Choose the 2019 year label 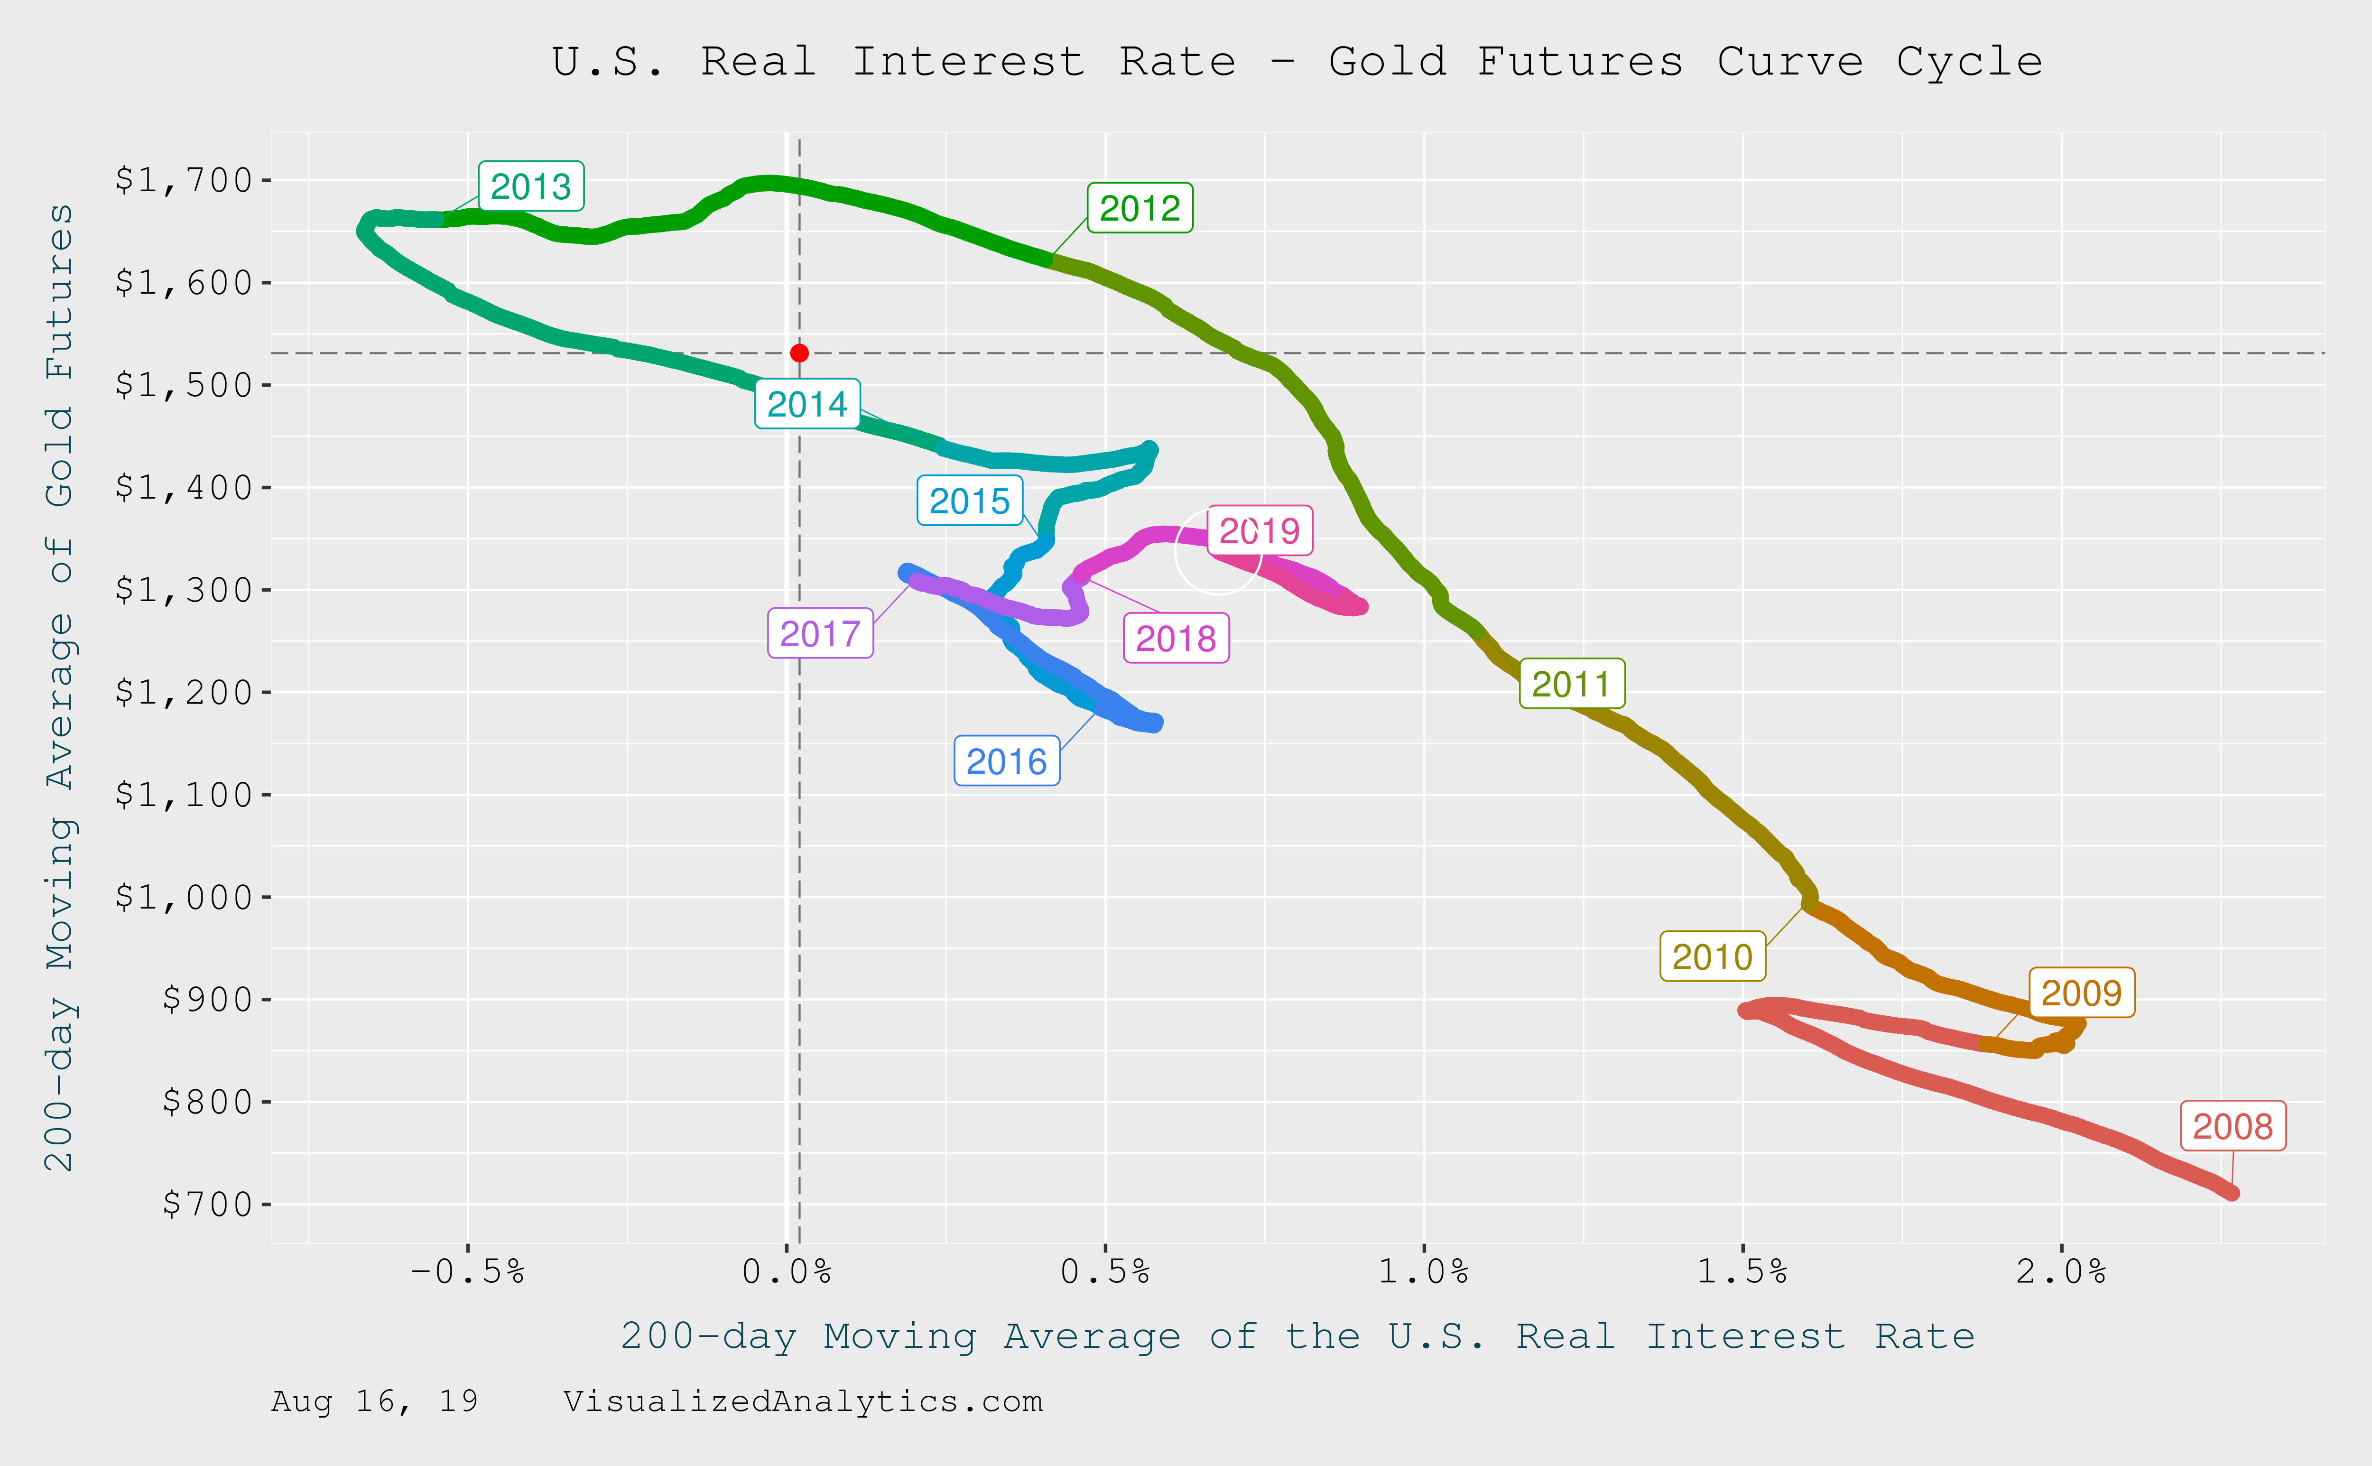pos(1259,530)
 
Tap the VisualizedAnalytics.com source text pos(803,1401)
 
